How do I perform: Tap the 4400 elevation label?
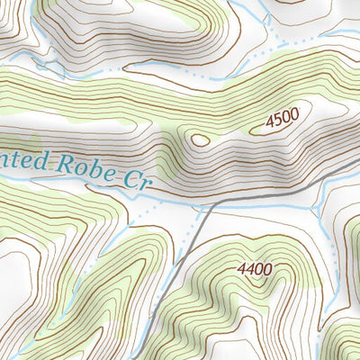click(x=256, y=268)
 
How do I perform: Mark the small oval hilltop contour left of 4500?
click(x=198, y=139)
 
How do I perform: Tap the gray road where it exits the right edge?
click(x=358, y=181)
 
